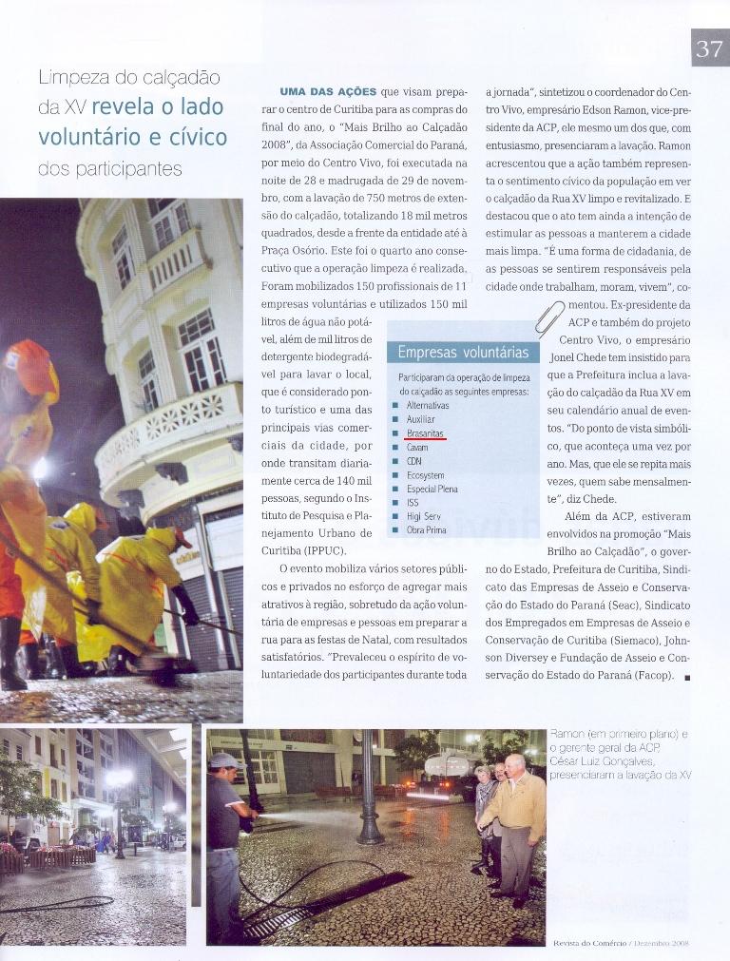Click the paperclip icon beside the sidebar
pyautogui.click(x=548, y=318)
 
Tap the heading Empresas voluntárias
pyautogui.click(x=463, y=353)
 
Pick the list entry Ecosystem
pyautogui.click(x=425, y=475)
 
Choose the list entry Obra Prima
pyautogui.click(x=426, y=529)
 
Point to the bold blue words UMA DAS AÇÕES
pyautogui.click(x=328, y=92)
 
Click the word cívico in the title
pyautogui.click(x=197, y=138)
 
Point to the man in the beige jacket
pyautogui.click(x=517, y=813)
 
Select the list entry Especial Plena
pyautogui.click(x=432, y=489)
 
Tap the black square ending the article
pyautogui.click(x=686, y=677)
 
